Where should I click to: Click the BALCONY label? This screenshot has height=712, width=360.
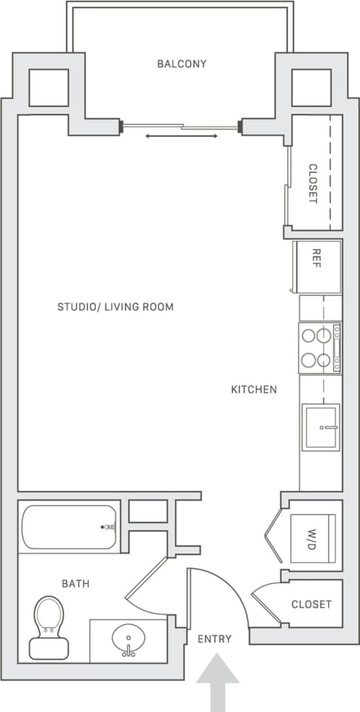pos(182,64)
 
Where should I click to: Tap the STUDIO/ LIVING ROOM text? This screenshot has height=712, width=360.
pos(115,307)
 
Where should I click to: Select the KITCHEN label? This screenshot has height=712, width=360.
pos(254,390)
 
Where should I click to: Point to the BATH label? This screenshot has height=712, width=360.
pos(76,584)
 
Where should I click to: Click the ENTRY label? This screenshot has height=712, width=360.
pos(214,639)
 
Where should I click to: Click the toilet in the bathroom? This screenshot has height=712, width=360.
pos(49,627)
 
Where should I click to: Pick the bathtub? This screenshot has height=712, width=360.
pos(69,527)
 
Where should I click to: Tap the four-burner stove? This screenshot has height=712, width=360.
pos(320,348)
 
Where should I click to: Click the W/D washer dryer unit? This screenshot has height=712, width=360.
pos(313,539)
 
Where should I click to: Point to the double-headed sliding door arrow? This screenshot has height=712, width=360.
pos(181,136)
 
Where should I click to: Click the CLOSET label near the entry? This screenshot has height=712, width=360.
pos(311,604)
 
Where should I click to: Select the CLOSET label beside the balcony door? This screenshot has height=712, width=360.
pos(313,183)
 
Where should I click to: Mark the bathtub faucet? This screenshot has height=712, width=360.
pos(108,527)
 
